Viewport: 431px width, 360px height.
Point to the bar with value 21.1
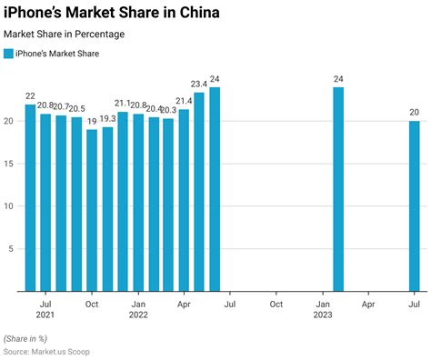[123, 201]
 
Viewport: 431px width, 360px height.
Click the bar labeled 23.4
[199, 192]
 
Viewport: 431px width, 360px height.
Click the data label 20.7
[61, 107]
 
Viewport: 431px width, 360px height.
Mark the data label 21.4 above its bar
[184, 101]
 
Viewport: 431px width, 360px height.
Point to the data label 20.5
[77, 109]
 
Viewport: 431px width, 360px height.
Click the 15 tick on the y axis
[8, 164]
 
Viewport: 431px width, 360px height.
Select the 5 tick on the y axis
[10, 249]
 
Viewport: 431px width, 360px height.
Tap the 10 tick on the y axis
[8, 206]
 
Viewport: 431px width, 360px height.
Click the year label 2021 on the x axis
[45, 315]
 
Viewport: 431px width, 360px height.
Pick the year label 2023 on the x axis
[323, 315]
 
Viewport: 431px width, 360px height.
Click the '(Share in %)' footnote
[28, 337]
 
